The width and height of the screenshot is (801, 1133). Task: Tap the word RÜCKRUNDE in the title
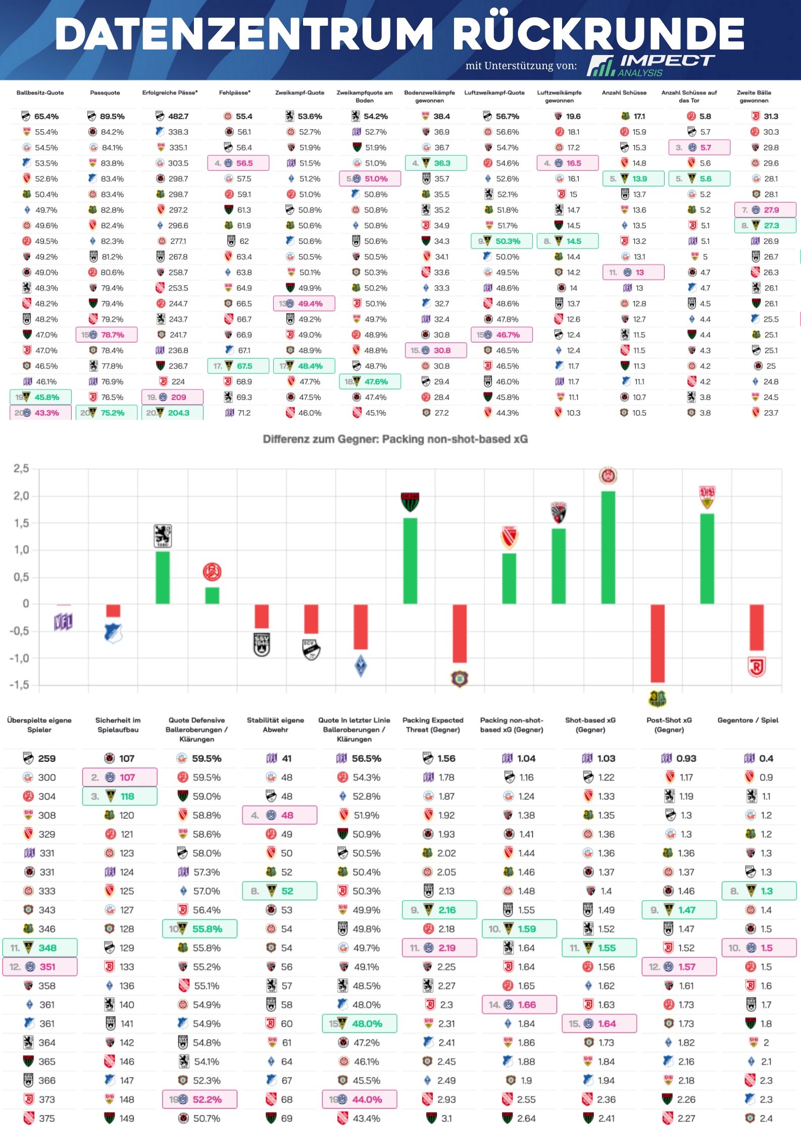tap(598, 33)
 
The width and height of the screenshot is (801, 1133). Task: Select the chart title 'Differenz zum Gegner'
tap(395, 439)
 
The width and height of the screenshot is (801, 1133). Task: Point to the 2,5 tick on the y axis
tap(21, 469)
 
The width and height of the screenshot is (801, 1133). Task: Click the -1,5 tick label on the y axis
tap(19, 685)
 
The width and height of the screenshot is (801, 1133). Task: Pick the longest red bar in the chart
tap(658, 643)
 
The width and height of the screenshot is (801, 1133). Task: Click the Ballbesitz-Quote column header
tap(40, 93)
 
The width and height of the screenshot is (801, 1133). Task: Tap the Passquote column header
tap(105, 93)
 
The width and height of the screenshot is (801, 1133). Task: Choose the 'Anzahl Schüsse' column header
tap(624, 93)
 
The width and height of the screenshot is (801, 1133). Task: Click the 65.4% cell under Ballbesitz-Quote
tap(46, 117)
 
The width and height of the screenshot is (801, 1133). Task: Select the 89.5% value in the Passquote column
tap(112, 117)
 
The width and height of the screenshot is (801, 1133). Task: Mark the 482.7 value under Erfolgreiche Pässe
tap(178, 117)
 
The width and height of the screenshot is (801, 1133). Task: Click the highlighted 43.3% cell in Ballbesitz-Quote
tap(46, 413)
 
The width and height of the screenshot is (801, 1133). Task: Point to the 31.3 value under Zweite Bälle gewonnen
tap(771, 117)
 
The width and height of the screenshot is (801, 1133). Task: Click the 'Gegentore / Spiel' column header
tap(747, 720)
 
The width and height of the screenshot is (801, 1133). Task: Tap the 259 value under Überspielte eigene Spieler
tap(46, 758)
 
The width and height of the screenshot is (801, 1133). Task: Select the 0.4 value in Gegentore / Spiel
tap(766, 758)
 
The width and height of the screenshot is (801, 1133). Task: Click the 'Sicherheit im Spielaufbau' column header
tap(118, 725)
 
